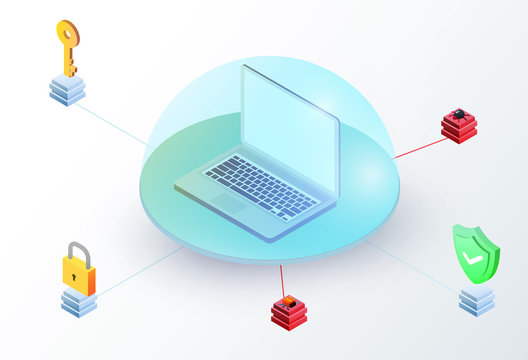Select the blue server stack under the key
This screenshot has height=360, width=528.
pos(67,90)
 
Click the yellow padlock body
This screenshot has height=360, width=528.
pos(78,271)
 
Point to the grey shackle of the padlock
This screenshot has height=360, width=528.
pos(77,250)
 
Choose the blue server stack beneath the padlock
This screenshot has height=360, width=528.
pos(78,301)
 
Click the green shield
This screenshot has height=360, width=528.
pos(475,252)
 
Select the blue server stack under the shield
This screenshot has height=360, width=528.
pos(477,298)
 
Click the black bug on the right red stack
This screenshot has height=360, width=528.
pos(460,115)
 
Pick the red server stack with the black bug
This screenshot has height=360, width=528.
pos(459,128)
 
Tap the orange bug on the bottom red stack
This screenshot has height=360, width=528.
pos(290,301)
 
